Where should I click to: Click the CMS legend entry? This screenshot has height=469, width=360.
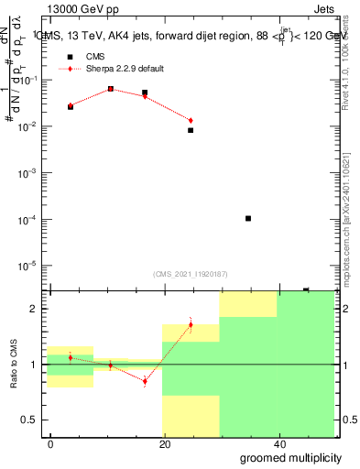94,57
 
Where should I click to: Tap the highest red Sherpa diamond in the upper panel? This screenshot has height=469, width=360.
111,89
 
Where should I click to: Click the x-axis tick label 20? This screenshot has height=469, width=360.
165,443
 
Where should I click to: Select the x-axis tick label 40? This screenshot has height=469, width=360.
278,443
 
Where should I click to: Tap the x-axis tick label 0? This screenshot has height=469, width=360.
51,443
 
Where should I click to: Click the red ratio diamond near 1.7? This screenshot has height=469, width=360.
191,324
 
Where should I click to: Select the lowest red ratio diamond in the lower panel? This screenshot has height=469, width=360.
145,381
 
